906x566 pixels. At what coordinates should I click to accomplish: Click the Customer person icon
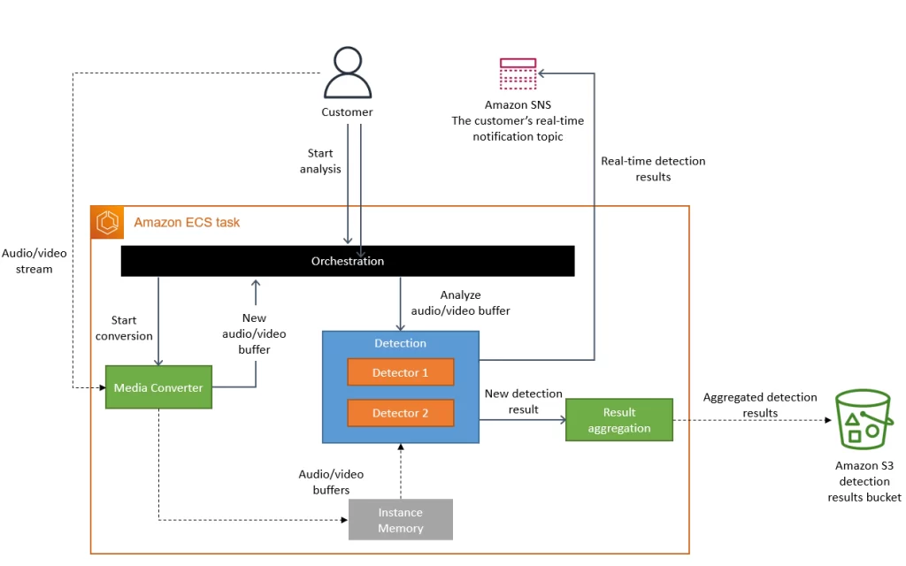tap(347, 74)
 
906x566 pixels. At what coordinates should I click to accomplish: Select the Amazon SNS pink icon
tap(518, 73)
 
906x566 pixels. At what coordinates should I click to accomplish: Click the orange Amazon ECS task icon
tap(107, 223)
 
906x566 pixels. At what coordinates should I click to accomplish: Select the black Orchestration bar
tap(348, 261)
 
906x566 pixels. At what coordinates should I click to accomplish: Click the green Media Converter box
tap(158, 387)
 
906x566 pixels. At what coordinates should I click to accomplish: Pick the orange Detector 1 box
tap(400, 372)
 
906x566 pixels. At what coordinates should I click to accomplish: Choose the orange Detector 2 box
tap(400, 413)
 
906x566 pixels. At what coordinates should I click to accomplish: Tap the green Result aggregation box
tap(619, 420)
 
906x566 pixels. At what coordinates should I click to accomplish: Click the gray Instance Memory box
tap(401, 520)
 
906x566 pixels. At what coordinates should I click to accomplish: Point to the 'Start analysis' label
tap(320, 161)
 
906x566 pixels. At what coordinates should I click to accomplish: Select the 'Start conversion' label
tap(125, 328)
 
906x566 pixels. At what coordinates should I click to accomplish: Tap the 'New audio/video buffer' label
tap(255, 333)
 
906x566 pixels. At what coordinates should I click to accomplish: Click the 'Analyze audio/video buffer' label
tap(460, 302)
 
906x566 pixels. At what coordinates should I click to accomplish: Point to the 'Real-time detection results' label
tap(653, 169)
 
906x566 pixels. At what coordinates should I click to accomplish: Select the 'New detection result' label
tap(523, 402)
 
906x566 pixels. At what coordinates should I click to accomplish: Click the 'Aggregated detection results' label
tap(760, 405)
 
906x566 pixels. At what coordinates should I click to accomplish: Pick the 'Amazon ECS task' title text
tap(187, 223)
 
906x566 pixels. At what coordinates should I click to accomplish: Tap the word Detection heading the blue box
tap(400, 343)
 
